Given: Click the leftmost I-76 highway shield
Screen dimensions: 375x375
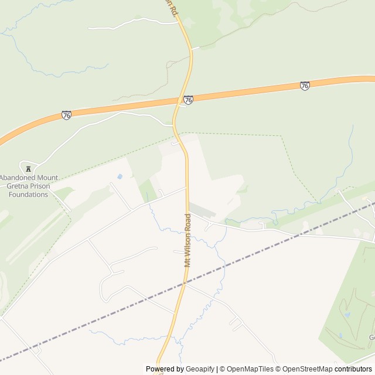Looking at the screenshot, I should tap(66, 115).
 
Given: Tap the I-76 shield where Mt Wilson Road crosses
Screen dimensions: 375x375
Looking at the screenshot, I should tap(187, 100).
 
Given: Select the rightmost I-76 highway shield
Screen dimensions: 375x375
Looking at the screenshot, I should tap(305, 86).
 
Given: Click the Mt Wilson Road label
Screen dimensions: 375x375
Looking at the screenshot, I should tap(188, 240).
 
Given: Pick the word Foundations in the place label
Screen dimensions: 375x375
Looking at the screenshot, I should tap(24, 194).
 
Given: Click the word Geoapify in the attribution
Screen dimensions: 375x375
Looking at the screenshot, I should tap(199, 369).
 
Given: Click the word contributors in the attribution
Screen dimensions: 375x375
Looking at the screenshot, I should tap(353, 369).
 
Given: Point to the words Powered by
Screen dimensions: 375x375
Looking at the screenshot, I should tap(164, 369).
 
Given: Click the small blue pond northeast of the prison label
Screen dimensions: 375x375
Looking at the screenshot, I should tap(120, 176).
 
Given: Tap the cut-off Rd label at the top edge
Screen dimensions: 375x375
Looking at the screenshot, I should tap(171, 5).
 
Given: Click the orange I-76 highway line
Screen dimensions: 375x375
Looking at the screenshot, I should tap(246, 91).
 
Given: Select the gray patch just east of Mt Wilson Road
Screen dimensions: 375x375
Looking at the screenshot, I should tap(202, 210).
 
